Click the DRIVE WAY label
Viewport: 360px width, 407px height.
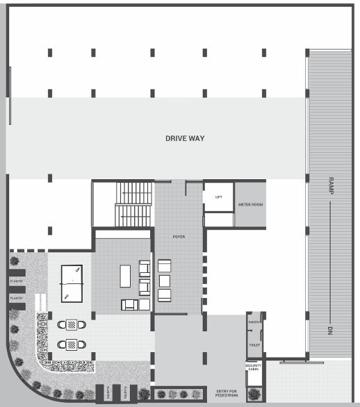point(185,138)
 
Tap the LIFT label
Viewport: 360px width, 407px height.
point(218,197)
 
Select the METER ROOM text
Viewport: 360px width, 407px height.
point(250,204)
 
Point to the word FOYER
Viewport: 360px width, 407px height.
point(179,238)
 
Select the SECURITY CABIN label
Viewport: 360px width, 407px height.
point(253,368)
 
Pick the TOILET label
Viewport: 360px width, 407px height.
point(254,344)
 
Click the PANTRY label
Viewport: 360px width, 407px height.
point(254,322)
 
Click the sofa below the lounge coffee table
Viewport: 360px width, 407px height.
point(130,304)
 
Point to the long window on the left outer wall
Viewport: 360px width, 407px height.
point(10,96)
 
